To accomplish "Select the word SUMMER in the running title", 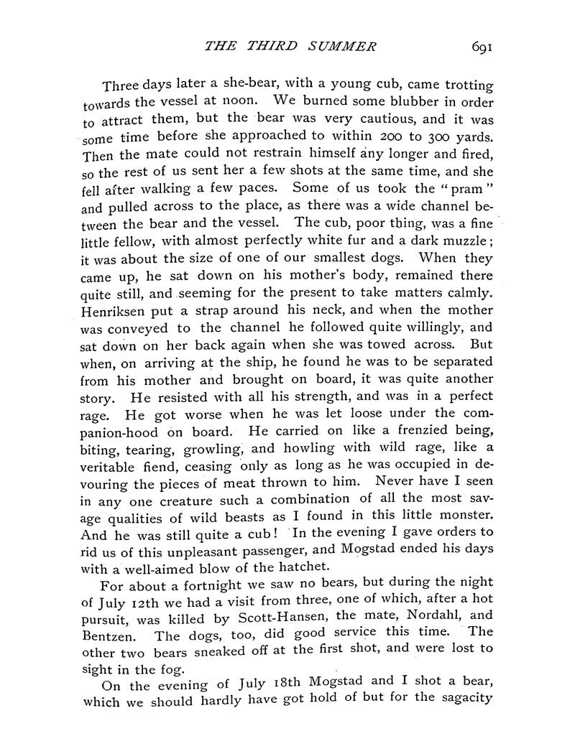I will [340, 48].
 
